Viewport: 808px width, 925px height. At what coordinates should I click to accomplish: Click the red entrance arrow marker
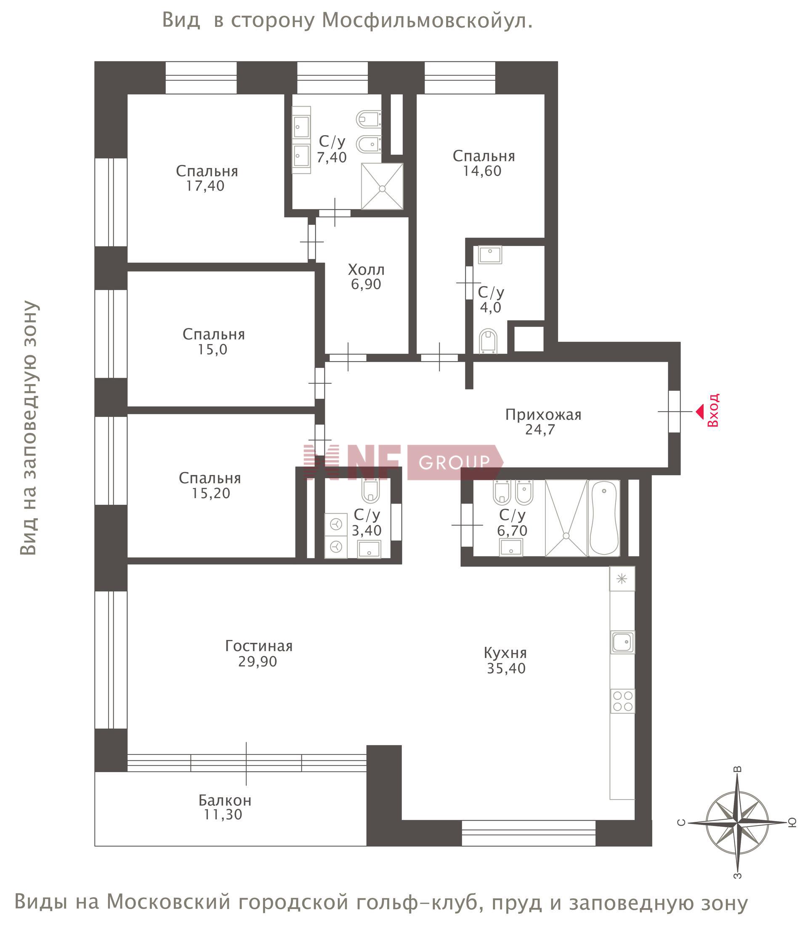[x=699, y=411]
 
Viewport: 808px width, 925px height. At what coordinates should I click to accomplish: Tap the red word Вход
[x=713, y=410]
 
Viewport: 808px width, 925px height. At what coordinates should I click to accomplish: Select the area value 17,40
[x=205, y=186]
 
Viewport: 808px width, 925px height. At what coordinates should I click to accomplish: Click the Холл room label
[x=366, y=270]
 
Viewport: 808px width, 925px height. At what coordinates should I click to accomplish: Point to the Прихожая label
[x=543, y=414]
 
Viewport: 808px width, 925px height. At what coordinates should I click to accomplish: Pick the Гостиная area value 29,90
[x=258, y=661]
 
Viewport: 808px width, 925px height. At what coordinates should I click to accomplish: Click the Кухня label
[x=505, y=653]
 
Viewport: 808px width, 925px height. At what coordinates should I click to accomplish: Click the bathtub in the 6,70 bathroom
[x=604, y=518]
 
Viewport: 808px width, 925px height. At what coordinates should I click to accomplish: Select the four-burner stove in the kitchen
[x=623, y=701]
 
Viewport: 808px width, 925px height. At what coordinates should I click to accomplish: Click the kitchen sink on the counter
[x=623, y=642]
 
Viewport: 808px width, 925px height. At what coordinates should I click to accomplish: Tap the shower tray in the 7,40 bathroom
[x=382, y=187]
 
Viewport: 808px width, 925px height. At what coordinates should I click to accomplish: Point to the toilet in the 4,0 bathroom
[x=488, y=341]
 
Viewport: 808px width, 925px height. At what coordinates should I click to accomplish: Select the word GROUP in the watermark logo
[x=454, y=462]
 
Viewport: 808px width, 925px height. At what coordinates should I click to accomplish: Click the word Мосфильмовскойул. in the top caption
[x=427, y=21]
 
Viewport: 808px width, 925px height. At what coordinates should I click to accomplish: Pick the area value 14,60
[x=482, y=171]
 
